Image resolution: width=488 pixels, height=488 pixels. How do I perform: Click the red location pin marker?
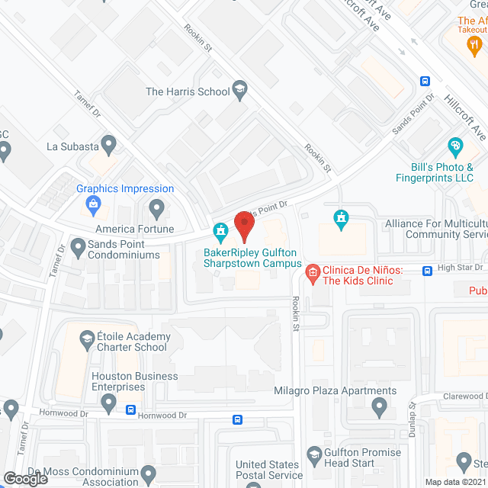pyautogui.click(x=244, y=226)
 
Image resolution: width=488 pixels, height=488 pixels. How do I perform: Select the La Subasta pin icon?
pyautogui.click(x=108, y=143)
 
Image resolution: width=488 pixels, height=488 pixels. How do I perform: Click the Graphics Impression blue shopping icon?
pyautogui.click(x=94, y=204)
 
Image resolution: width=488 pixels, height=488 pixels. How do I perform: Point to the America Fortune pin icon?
pyautogui.click(x=158, y=207)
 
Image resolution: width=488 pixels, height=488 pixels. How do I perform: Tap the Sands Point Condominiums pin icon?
pyautogui.click(x=78, y=246)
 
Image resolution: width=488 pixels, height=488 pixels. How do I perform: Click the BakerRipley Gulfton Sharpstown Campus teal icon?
pyautogui.click(x=220, y=230)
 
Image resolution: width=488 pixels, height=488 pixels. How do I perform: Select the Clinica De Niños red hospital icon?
pyautogui.click(x=312, y=271)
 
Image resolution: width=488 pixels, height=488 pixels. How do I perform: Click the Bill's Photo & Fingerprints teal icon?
pyautogui.click(x=455, y=146)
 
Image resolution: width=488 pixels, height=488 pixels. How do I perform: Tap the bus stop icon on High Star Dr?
pyautogui.click(x=428, y=269)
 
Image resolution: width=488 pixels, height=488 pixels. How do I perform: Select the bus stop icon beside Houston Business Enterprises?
pyautogui.click(x=131, y=409)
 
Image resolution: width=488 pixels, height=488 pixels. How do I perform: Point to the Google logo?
pyautogui.click(x=25, y=478)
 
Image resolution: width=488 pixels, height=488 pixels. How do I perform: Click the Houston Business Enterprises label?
pyautogui.click(x=134, y=382)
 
